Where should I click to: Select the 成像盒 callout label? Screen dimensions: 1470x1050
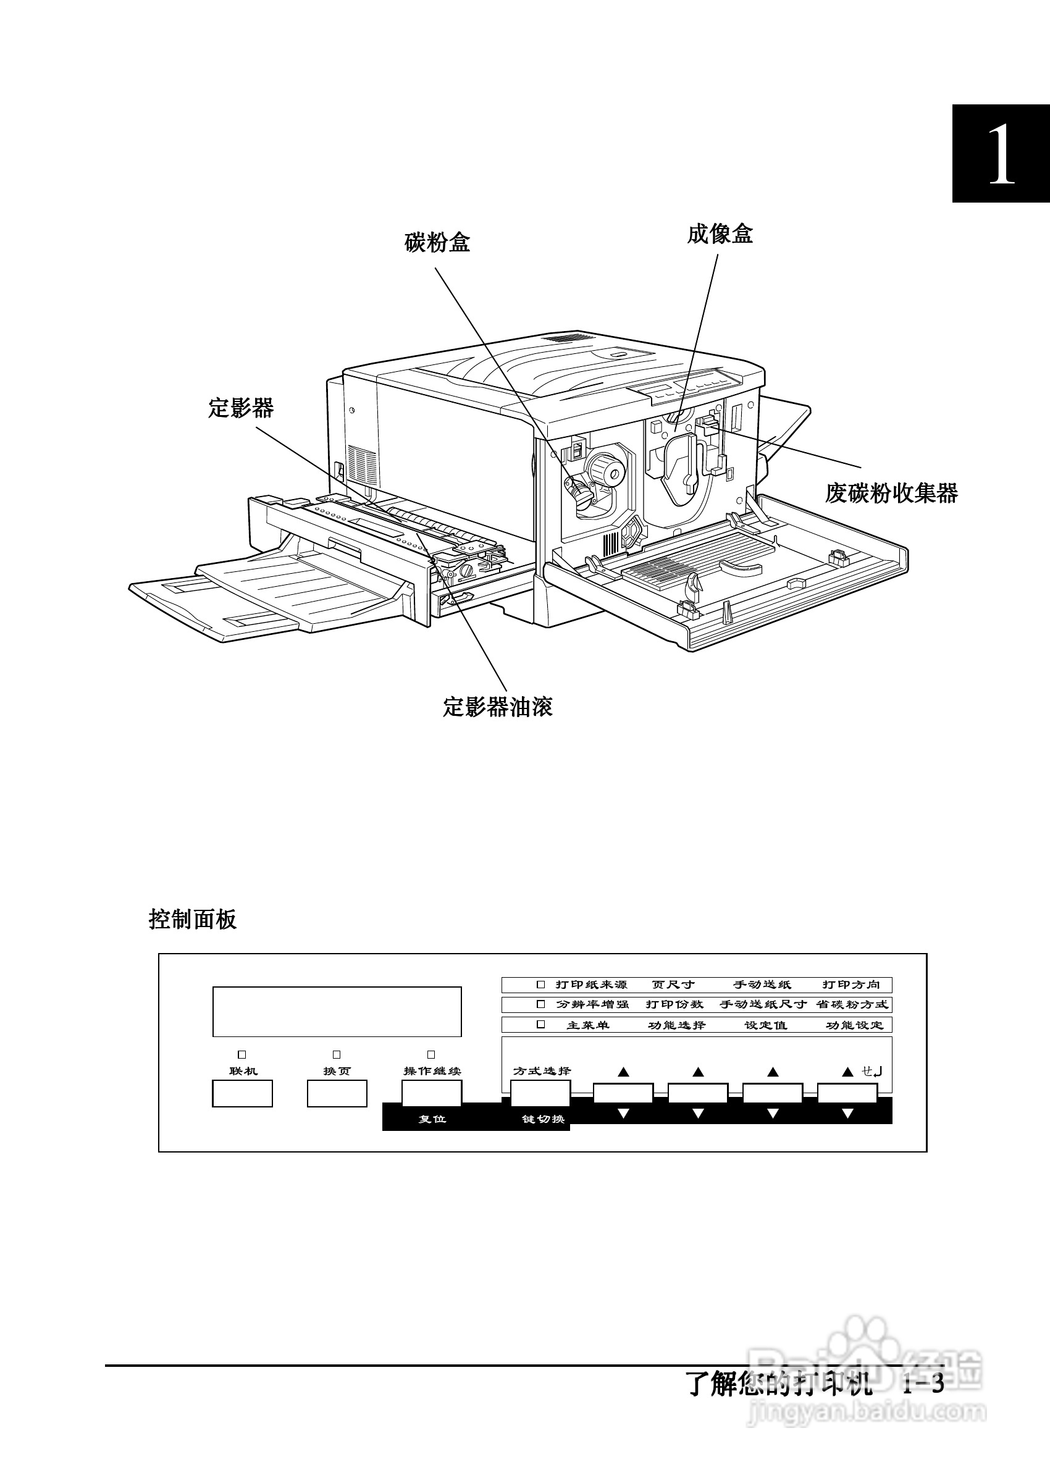coord(720,234)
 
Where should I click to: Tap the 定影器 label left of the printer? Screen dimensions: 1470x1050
coord(241,408)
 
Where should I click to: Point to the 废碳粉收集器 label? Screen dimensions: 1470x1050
coord(891,493)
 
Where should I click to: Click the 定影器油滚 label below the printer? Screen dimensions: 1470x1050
coord(497,707)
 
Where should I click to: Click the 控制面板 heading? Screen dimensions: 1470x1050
coord(193,918)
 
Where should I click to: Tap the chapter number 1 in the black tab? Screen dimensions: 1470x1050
coord(1001,154)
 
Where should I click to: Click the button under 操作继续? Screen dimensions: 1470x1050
coord(432,1093)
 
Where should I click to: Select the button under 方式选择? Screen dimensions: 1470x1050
coord(540,1093)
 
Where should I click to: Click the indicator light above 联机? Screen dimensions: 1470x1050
coord(242,1055)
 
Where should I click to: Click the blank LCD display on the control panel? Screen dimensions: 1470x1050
coord(337,1012)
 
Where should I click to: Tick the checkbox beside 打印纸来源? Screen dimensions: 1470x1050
coord(540,985)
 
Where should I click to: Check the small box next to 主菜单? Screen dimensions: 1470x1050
coord(540,1025)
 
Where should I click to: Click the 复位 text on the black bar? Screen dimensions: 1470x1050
coord(432,1119)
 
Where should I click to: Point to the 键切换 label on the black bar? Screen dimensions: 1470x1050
coord(543,1119)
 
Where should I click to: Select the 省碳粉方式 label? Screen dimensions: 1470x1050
coord(852,1004)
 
